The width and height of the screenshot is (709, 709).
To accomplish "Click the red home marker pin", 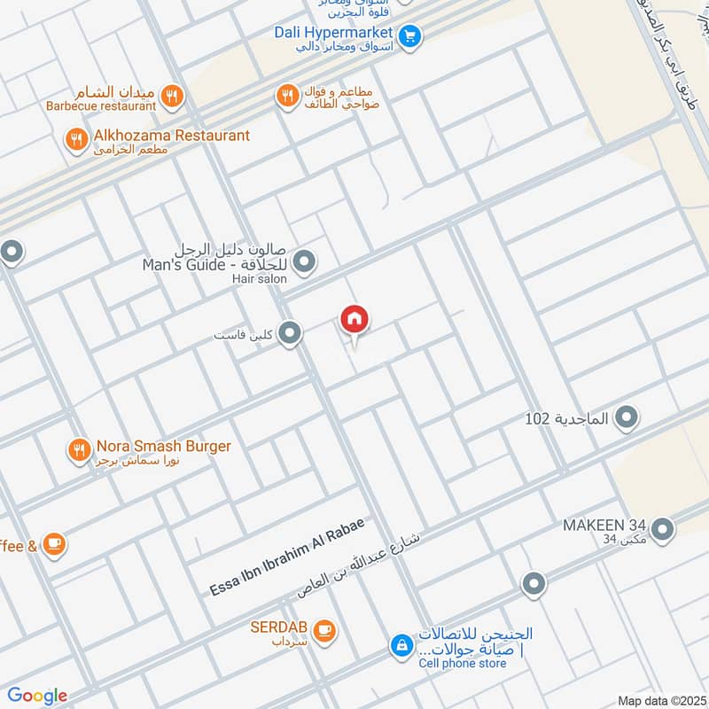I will click(354, 320).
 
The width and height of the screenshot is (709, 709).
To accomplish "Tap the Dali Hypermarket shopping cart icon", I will click(409, 35).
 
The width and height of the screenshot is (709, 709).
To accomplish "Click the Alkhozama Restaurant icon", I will click(76, 137).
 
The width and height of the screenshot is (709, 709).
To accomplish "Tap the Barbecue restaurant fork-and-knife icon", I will click(172, 95).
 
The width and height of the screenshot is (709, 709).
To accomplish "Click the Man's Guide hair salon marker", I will click(304, 261).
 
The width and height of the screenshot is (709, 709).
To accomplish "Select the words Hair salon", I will click(260, 279).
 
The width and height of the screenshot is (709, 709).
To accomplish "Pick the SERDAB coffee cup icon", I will click(324, 629).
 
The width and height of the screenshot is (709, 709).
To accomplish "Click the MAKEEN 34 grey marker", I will click(661, 530).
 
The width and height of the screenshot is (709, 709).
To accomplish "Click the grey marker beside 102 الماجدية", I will click(627, 417).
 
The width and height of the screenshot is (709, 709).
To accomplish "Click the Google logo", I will click(37, 696).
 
